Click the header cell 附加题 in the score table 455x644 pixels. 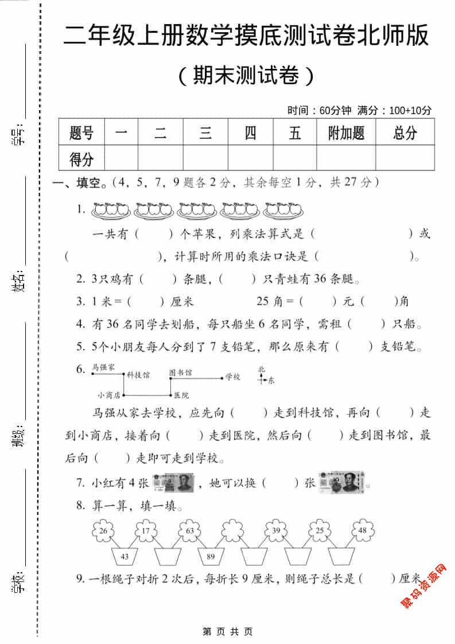click(x=346, y=133)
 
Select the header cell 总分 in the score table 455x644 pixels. click(x=405, y=133)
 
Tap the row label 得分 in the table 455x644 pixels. click(x=81, y=158)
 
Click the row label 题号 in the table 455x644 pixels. click(x=81, y=133)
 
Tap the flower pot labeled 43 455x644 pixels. click(x=125, y=556)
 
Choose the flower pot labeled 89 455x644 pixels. click(x=210, y=556)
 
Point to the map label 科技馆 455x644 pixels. click(x=138, y=375)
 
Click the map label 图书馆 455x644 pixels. click(x=181, y=373)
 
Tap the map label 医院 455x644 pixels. click(x=181, y=395)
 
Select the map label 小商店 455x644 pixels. click(x=108, y=395)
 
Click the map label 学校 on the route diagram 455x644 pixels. click(x=232, y=377)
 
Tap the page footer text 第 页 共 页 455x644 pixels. click(x=227, y=631)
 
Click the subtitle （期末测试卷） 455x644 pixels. click(x=246, y=75)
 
